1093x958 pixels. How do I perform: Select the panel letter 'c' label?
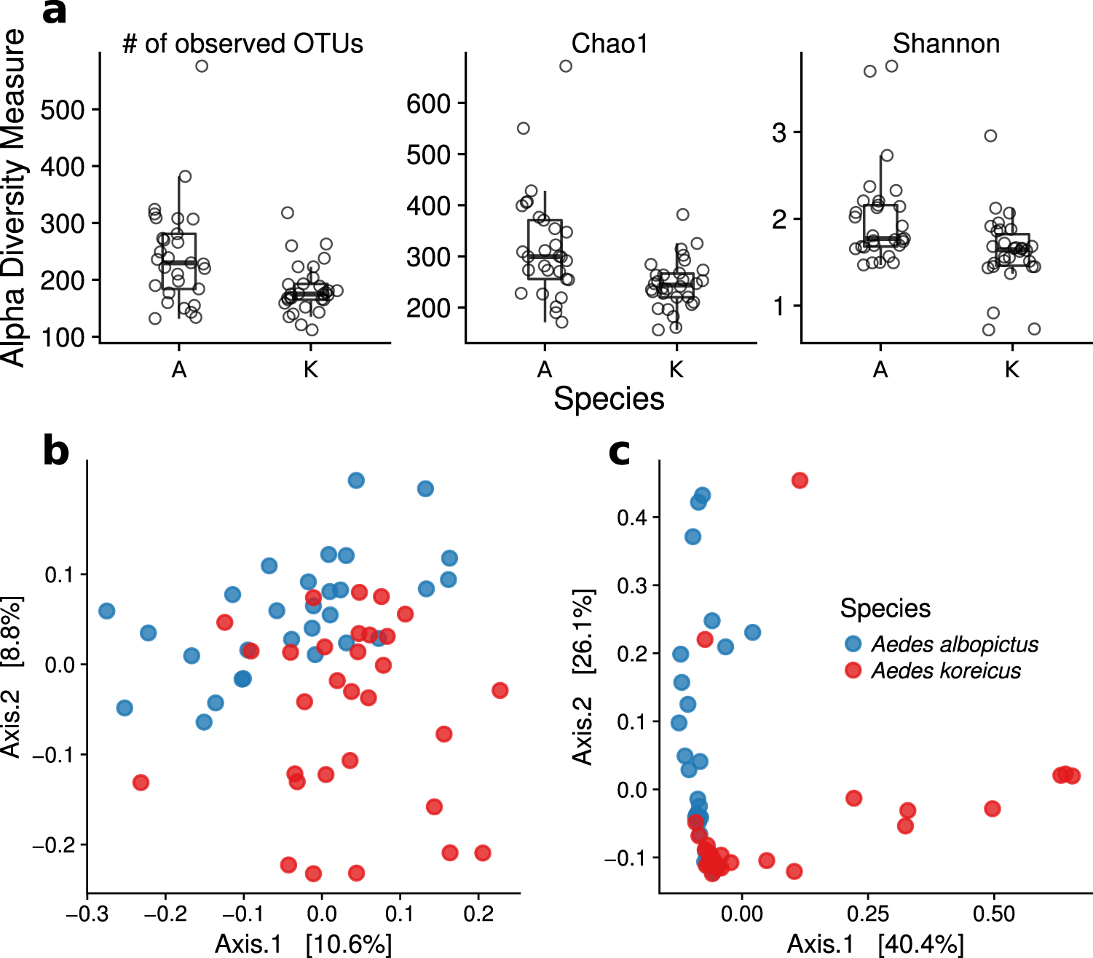pyautogui.click(x=619, y=452)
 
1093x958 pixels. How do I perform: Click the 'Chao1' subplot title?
pyautogui.click(x=609, y=44)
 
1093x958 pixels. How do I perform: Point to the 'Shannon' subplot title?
pyautogui.click(x=946, y=44)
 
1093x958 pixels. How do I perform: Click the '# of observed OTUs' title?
pyautogui.click(x=242, y=44)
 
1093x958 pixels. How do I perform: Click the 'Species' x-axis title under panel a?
pyautogui.click(x=609, y=399)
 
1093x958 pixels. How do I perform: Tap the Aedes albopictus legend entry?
pyautogui.click(x=954, y=644)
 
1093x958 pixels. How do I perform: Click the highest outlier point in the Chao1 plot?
pyautogui.click(x=565, y=66)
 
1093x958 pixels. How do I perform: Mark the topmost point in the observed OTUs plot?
pyautogui.click(x=202, y=66)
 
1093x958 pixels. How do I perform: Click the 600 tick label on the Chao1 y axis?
pyautogui.click(x=429, y=104)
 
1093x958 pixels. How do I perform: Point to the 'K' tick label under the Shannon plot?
pyautogui.click(x=1011, y=370)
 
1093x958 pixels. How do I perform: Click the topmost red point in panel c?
pyautogui.click(x=800, y=480)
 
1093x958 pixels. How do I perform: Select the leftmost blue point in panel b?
pyautogui.click(x=106, y=611)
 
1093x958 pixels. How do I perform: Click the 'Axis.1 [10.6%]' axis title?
pyautogui.click(x=303, y=944)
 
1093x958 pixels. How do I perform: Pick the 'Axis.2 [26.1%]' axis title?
pyautogui.click(x=583, y=676)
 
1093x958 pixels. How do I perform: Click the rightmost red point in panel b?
pyautogui.click(x=500, y=690)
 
